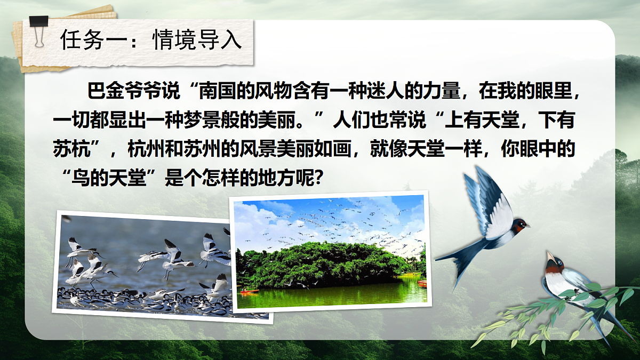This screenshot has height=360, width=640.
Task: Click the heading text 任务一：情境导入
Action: pyautogui.click(x=151, y=41)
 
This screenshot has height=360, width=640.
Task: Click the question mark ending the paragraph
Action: pyautogui.click(x=317, y=178)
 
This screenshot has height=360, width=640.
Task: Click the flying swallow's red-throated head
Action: pyautogui.click(x=518, y=225)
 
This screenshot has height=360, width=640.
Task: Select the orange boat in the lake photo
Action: pyautogui.click(x=249, y=291)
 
